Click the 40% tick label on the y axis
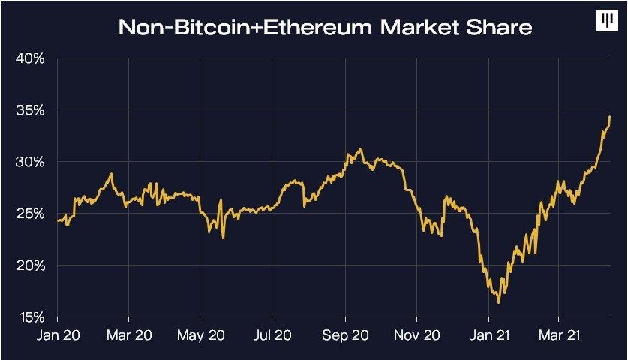coord(31,58)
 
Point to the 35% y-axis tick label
coord(31,110)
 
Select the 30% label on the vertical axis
coord(31,162)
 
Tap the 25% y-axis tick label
coord(31,214)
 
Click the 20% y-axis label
coord(31,265)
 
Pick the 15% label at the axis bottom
coord(31,317)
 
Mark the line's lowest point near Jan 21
coord(499,302)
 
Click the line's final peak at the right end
coord(610,116)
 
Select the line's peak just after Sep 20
coord(361,149)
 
